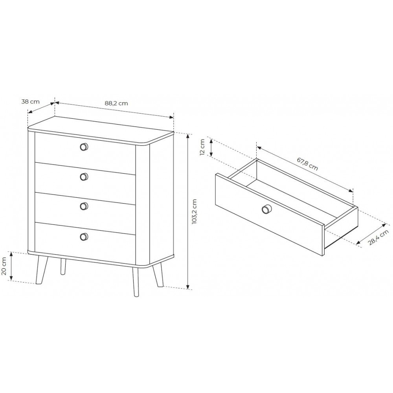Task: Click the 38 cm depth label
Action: coord(30,102)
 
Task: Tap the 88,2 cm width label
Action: coord(116,103)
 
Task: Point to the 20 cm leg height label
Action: coord(4,266)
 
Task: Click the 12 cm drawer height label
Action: coord(202,147)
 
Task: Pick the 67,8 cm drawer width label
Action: coord(308,164)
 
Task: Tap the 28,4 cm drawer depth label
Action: coord(378,238)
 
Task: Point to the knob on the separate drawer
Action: coord(266,209)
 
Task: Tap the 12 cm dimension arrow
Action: coord(211,148)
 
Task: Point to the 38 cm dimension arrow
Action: coord(41,108)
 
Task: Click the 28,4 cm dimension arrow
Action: coord(372,233)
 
